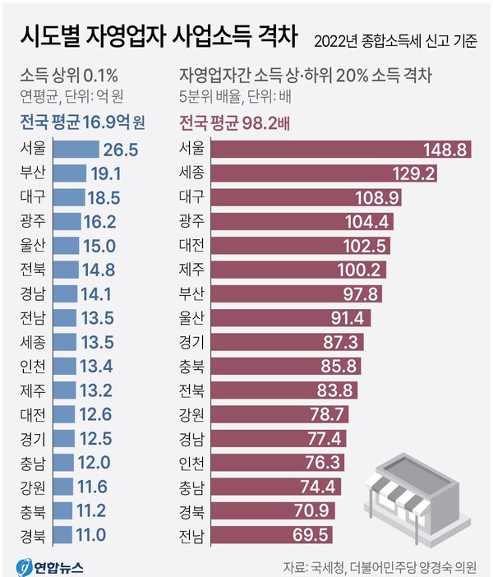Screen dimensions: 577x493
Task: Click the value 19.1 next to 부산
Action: (105, 173)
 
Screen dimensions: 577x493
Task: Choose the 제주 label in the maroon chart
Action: (192, 269)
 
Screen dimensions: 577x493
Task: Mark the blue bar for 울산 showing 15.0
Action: (65, 245)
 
